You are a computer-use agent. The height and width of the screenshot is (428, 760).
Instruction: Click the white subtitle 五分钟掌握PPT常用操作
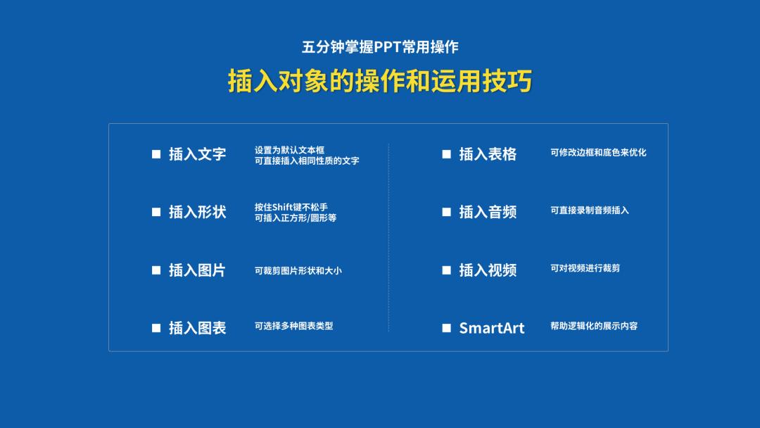[380, 47]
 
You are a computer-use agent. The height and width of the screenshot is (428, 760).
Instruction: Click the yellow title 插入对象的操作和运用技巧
[380, 82]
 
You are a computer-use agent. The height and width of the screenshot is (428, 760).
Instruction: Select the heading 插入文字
[197, 154]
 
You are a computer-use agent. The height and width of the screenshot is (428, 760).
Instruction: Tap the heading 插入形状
[197, 212]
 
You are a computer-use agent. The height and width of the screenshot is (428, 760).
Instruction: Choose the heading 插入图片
[197, 270]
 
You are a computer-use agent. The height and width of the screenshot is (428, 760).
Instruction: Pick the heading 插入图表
[197, 328]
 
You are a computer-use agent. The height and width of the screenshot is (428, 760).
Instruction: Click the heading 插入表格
[488, 154]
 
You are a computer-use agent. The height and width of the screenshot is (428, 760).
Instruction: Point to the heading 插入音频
[488, 212]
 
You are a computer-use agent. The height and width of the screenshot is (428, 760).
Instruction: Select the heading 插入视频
[488, 270]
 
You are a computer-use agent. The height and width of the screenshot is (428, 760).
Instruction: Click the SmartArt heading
[491, 328]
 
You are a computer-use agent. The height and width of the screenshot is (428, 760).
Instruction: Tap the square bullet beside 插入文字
[156, 154]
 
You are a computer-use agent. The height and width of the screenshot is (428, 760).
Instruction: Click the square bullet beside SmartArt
[446, 328]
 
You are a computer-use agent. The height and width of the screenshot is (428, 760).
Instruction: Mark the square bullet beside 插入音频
[446, 212]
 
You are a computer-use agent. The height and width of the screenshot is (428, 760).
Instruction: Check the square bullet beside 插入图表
[156, 328]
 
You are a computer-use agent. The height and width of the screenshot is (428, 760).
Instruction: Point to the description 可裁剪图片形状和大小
[298, 270]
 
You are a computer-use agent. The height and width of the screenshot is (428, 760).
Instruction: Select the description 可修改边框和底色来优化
[598, 152]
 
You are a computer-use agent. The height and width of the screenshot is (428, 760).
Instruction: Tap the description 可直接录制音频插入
[590, 210]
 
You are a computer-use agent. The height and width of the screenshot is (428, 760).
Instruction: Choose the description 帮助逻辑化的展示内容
[594, 326]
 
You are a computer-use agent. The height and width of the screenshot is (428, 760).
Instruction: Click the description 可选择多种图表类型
[293, 326]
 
